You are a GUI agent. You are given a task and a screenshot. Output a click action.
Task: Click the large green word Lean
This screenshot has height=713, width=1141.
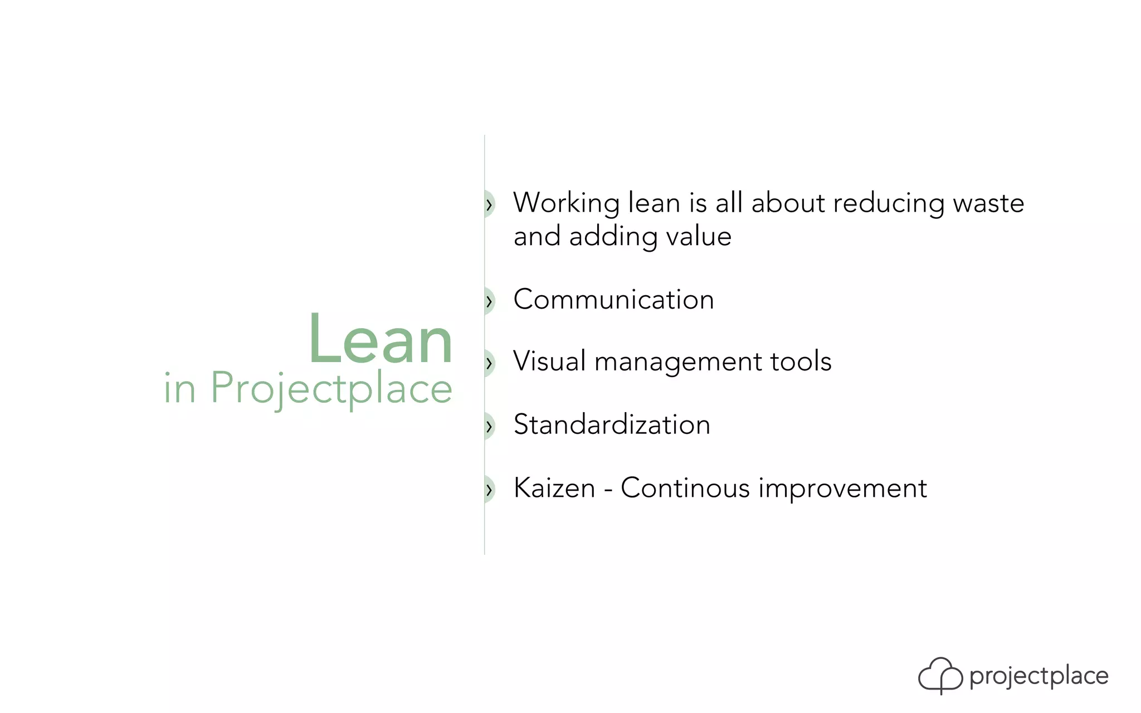381,339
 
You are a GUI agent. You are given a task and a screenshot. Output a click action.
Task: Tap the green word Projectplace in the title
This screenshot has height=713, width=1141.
331,388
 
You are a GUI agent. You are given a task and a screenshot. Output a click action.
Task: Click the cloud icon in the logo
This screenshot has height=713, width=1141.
940,675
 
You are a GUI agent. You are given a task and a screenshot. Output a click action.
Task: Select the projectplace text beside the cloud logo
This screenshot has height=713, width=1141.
1038,676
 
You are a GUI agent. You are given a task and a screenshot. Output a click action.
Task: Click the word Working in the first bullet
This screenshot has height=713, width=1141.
566,203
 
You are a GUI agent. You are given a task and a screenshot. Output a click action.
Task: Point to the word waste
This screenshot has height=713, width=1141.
988,203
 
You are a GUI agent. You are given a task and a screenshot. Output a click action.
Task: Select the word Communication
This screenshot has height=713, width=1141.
613,300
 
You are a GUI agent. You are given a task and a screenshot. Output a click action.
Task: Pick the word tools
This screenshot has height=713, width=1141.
801,361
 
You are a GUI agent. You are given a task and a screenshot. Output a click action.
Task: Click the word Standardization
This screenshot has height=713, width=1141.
612,424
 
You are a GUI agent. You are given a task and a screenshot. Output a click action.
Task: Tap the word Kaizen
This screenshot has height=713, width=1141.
554,488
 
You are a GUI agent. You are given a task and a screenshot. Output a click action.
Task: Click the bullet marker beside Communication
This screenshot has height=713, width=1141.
489,301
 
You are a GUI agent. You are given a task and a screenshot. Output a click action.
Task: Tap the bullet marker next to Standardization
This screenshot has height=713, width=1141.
489,427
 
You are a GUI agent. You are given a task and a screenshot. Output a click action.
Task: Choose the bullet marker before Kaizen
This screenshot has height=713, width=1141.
489,490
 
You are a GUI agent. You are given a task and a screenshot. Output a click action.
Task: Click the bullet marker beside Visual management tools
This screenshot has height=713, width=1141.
489,363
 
